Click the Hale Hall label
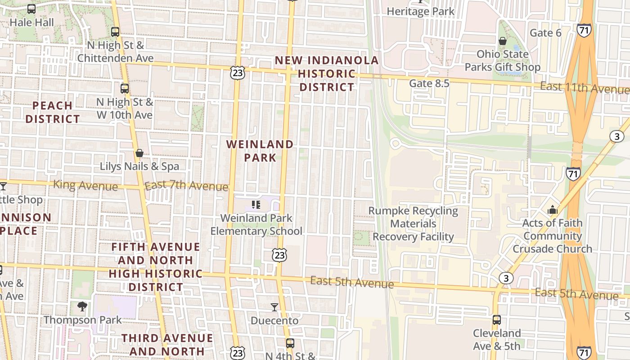coord(31,22)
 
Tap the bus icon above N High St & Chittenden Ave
coord(115,32)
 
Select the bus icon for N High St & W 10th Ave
coord(125,89)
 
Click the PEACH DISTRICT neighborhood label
coord(53,112)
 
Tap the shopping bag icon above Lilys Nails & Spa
coord(139,153)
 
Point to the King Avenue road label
coord(85,185)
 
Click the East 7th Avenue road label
coord(186,185)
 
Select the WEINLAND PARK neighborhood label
coord(260,151)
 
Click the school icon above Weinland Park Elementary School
coord(256,205)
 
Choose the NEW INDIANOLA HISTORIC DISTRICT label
coord(327,73)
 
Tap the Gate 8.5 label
coord(429,83)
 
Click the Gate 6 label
coord(545,33)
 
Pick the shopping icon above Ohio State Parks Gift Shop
coord(503,41)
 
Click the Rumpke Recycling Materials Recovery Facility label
coord(413,224)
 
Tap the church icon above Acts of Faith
coord(552,210)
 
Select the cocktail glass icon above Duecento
coord(274,307)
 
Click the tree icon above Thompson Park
coord(82,306)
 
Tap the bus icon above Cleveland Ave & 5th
coord(496,320)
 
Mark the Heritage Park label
coord(421,11)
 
